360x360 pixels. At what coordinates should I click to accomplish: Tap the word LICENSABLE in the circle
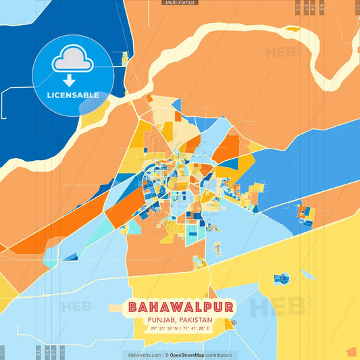(x=73, y=95)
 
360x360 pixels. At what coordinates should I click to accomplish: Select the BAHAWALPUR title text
(x=180, y=307)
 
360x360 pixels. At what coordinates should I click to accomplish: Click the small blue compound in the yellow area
(x=282, y=278)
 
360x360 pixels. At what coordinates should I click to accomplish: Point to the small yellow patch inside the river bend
(x=292, y=29)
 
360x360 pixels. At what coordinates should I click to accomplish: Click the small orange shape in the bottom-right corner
(x=350, y=351)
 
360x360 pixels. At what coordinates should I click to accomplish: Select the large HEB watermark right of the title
(x=277, y=307)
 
